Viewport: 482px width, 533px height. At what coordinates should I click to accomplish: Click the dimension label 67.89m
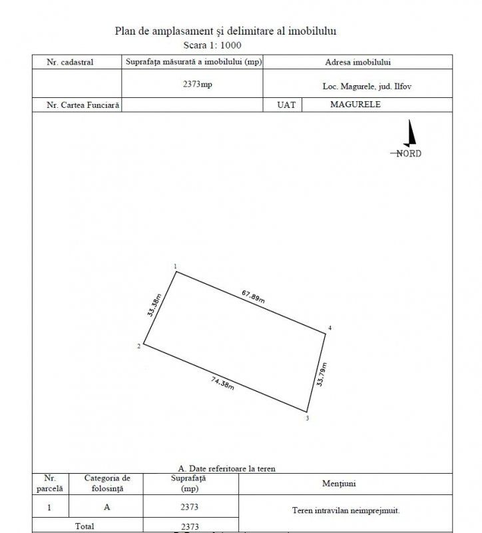252,296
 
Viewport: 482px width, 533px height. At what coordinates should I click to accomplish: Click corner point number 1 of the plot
176,271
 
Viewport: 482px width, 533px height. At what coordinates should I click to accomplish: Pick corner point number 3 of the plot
306,412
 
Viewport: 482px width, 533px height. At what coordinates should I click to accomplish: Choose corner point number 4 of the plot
325,333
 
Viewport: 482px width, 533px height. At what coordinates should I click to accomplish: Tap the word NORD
407,153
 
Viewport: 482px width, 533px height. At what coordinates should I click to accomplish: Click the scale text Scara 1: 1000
212,45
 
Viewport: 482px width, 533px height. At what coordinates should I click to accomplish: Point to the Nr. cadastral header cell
70,62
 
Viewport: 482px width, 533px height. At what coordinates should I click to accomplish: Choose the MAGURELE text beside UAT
356,105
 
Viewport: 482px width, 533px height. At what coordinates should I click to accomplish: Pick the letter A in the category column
107,507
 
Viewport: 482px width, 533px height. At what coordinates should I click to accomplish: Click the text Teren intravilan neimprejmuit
346,511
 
